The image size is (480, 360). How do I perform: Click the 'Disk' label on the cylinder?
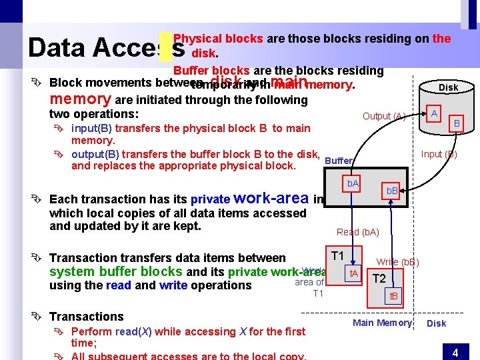tap(448, 87)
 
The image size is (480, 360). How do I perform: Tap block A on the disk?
tap(434, 113)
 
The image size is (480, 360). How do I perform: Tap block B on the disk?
tap(457, 123)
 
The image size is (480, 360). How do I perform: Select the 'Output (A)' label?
tap(383, 116)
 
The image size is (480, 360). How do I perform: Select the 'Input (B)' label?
tap(439, 154)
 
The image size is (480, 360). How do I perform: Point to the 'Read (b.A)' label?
tap(357, 232)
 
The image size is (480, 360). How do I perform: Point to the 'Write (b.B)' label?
tap(397, 262)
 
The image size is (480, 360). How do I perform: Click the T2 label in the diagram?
tap(379, 279)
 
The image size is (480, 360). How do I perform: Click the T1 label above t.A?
tap(337, 256)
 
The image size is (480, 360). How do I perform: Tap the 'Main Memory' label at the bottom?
tap(382, 323)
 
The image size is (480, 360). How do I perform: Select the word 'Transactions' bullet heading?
tap(87, 317)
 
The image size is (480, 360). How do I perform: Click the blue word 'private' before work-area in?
tap(210, 199)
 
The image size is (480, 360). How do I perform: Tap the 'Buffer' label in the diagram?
tap(339, 161)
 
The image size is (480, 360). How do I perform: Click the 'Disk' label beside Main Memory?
tap(436, 323)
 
